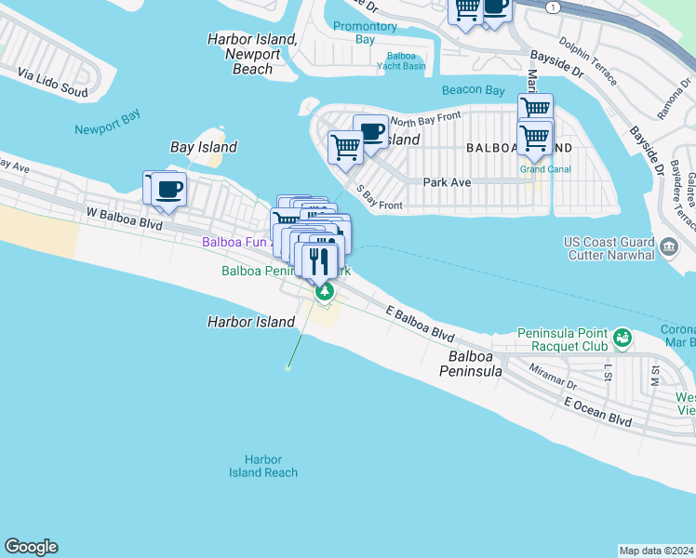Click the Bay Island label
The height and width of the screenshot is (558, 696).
pyautogui.click(x=204, y=147)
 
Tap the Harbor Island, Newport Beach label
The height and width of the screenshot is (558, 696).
pyautogui.click(x=253, y=54)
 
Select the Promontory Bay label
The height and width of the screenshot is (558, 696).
pyautogui.click(x=366, y=33)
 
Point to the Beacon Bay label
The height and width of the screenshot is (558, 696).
pyautogui.click(x=474, y=90)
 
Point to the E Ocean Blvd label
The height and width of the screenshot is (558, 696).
pyautogui.click(x=597, y=411)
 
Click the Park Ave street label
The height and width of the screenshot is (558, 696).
pyautogui.click(x=447, y=183)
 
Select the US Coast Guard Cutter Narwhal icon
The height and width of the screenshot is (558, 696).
pyautogui.click(x=669, y=246)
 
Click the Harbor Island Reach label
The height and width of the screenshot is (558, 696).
pyautogui.click(x=263, y=466)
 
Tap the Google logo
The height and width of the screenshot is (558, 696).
pyautogui.click(x=31, y=547)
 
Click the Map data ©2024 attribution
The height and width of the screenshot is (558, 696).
pyautogui.click(x=657, y=550)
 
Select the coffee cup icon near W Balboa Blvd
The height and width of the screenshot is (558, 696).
pyautogui.click(x=168, y=190)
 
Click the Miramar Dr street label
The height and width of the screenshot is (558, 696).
pyautogui.click(x=553, y=375)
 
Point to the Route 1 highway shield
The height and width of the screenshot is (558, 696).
pyautogui.click(x=554, y=7)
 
